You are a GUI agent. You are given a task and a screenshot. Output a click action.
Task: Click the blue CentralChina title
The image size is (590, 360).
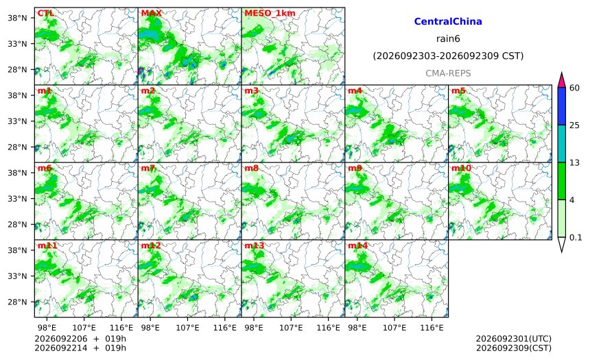tap(448, 21)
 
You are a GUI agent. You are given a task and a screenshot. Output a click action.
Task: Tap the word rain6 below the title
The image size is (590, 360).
tap(448, 39)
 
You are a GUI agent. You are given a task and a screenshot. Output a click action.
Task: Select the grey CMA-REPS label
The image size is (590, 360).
tap(448, 73)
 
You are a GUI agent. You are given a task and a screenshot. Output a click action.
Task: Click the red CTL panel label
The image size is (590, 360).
tap(46, 13)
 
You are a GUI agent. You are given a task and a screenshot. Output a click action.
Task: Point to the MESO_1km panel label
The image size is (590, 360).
tap(270, 13)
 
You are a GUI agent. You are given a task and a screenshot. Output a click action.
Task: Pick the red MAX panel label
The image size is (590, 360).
tap(151, 13)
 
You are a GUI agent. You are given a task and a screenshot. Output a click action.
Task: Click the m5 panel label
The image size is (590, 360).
tap(458, 91)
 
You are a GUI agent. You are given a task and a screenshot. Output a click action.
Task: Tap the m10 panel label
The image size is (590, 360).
tap(461, 168)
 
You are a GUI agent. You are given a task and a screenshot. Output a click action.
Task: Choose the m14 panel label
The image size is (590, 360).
tap(358, 245)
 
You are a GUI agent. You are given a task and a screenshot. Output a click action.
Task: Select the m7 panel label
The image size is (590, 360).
tap(148, 168)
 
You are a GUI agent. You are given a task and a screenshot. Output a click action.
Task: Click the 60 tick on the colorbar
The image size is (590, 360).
tap(574, 88)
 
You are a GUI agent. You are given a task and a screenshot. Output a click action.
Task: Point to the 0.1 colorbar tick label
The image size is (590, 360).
tap(576, 237)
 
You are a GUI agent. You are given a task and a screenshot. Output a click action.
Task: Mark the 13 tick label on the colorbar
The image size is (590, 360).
tap(574, 163)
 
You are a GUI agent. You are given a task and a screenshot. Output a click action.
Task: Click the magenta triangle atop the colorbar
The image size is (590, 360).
tap(561, 80)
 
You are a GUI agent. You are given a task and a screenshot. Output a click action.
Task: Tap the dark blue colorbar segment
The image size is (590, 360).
tap(561, 106)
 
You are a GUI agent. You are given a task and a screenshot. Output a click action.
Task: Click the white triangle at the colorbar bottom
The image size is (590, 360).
tap(561, 243)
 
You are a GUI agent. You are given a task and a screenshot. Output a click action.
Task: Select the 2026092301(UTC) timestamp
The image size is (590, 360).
tap(514, 339)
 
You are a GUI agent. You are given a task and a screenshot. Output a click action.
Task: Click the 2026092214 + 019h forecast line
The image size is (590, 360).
tap(80, 348)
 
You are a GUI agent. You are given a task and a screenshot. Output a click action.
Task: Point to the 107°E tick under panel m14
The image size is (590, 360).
tap(394, 328)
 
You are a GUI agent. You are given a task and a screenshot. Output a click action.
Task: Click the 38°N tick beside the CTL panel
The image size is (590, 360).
tap(17, 18)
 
